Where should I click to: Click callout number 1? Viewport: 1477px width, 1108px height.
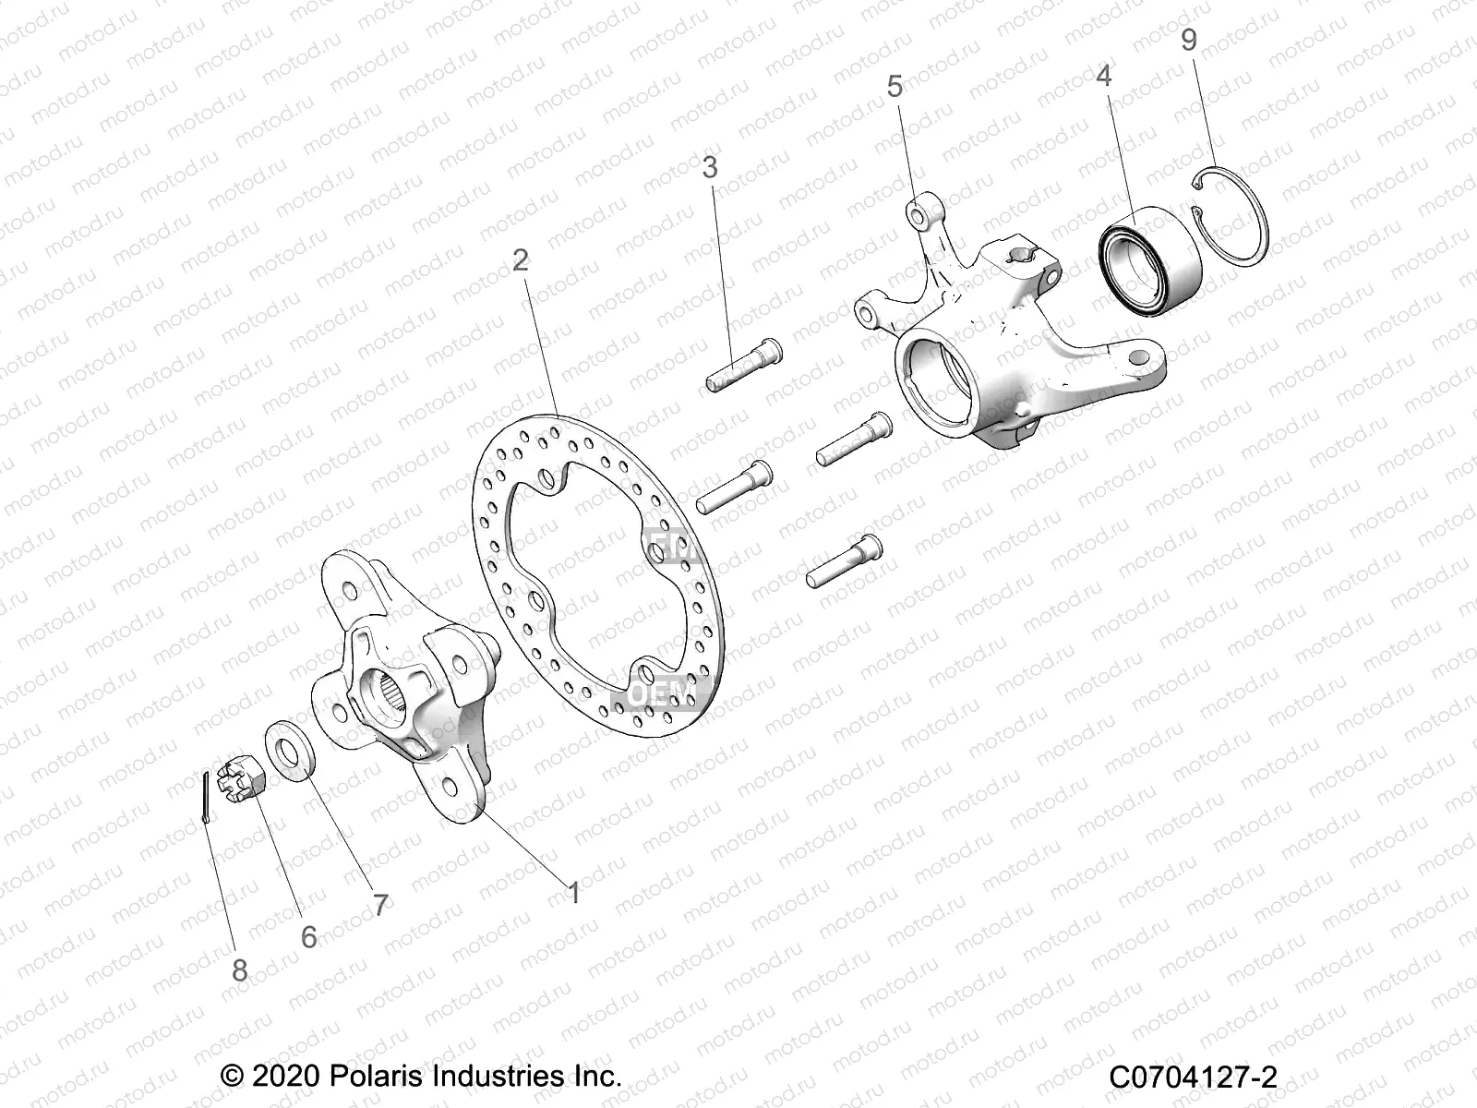[x=573, y=893]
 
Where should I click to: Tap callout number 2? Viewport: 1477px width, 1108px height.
[x=521, y=260]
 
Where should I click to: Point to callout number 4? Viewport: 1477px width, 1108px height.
[x=1103, y=75]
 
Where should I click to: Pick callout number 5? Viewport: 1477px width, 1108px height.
[x=894, y=87]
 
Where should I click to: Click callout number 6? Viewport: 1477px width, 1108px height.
[x=309, y=937]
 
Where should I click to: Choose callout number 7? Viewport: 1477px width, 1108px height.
[x=380, y=905]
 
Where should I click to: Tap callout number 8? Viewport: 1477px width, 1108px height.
[x=239, y=970]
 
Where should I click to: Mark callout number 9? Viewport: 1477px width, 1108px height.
[x=1189, y=40]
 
